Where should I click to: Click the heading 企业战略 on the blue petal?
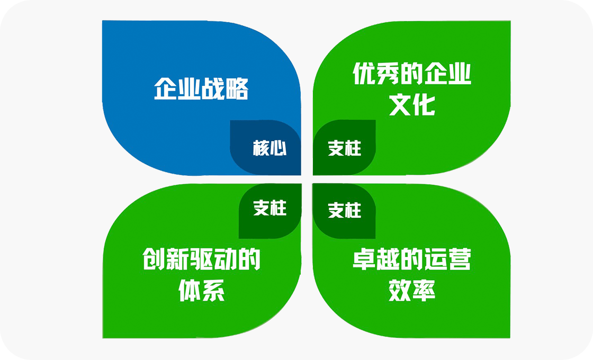click(201, 89)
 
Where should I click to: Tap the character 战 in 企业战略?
click(213, 89)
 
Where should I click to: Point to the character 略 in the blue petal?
click(237, 89)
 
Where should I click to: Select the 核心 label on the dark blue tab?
click(269, 148)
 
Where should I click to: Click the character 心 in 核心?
click(278, 148)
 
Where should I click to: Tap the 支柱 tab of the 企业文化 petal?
click(345, 148)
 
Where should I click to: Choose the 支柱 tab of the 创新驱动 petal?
click(269, 208)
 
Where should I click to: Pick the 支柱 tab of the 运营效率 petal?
click(345, 210)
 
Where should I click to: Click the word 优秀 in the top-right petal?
click(376, 74)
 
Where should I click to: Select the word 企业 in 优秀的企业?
click(447, 74)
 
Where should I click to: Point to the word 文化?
click(412, 105)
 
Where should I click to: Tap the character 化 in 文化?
click(424, 105)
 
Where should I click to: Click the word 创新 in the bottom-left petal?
click(166, 259)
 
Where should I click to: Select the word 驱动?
click(213, 259)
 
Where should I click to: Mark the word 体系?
click(202, 290)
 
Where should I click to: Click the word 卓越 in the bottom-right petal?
click(376, 259)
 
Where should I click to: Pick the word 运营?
click(447, 259)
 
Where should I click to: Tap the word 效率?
click(412, 290)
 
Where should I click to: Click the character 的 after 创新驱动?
click(249, 259)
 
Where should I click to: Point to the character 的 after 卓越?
click(411, 259)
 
